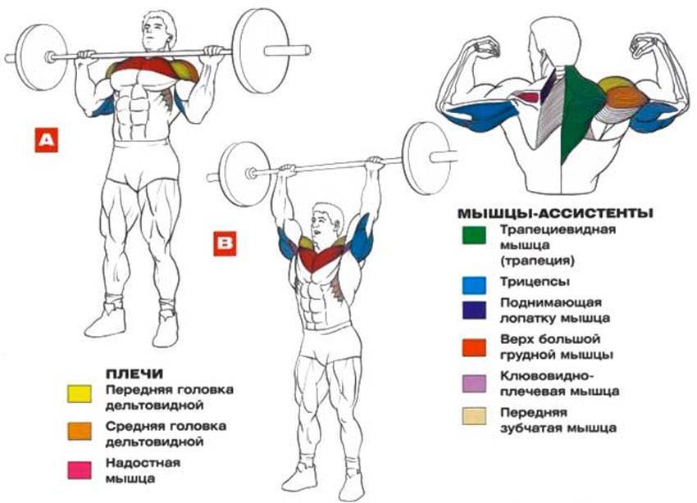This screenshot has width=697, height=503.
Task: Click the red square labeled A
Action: [x=47, y=140]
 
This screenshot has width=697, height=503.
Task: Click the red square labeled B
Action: [x=225, y=243]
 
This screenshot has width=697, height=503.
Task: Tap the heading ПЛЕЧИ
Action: [x=134, y=374]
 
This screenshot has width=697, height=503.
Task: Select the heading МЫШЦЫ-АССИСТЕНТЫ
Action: [x=555, y=214]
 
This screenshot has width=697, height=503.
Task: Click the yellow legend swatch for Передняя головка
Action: [x=79, y=394]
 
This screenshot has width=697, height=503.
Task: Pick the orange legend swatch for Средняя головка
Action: [x=79, y=431]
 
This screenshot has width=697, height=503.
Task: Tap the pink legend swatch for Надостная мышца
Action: [x=79, y=470]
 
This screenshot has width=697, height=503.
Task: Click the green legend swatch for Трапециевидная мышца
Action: [x=474, y=235]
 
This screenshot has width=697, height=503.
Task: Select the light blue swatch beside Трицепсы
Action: [x=474, y=285]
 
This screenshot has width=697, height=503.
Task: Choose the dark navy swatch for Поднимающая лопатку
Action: [x=474, y=310]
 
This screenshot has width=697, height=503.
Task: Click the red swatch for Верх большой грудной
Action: [x=474, y=347]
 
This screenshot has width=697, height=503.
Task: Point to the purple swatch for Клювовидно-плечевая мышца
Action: [x=474, y=383]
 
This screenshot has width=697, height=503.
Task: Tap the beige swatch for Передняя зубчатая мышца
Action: [x=474, y=416]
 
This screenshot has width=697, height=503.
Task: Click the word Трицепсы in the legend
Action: [x=535, y=282]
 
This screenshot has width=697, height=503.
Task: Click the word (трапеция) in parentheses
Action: [x=537, y=261]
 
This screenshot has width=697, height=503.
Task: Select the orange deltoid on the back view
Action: [x=626, y=98]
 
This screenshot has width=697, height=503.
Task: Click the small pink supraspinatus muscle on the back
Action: [x=529, y=97]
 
